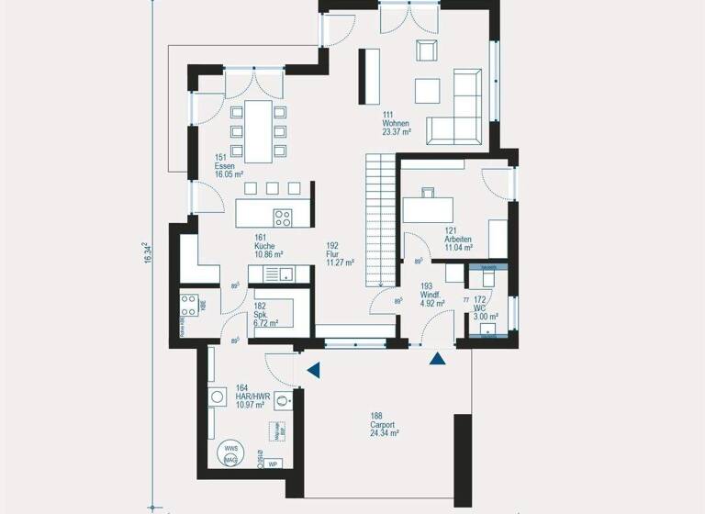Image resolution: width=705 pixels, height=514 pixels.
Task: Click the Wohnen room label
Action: coord(396,123)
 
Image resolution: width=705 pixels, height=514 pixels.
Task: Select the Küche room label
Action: coord(268,245)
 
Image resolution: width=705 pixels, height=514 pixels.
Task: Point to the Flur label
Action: coord(333,254)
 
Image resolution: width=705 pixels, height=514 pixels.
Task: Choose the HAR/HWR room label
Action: coord(251,397)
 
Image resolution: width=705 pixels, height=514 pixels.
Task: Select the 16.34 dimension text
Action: coord(148,254)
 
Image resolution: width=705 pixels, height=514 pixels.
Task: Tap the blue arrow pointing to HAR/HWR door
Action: coord(314,370)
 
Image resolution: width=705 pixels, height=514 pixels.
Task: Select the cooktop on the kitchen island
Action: coord(283,218)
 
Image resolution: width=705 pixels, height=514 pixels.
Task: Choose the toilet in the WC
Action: coord(487,276)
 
